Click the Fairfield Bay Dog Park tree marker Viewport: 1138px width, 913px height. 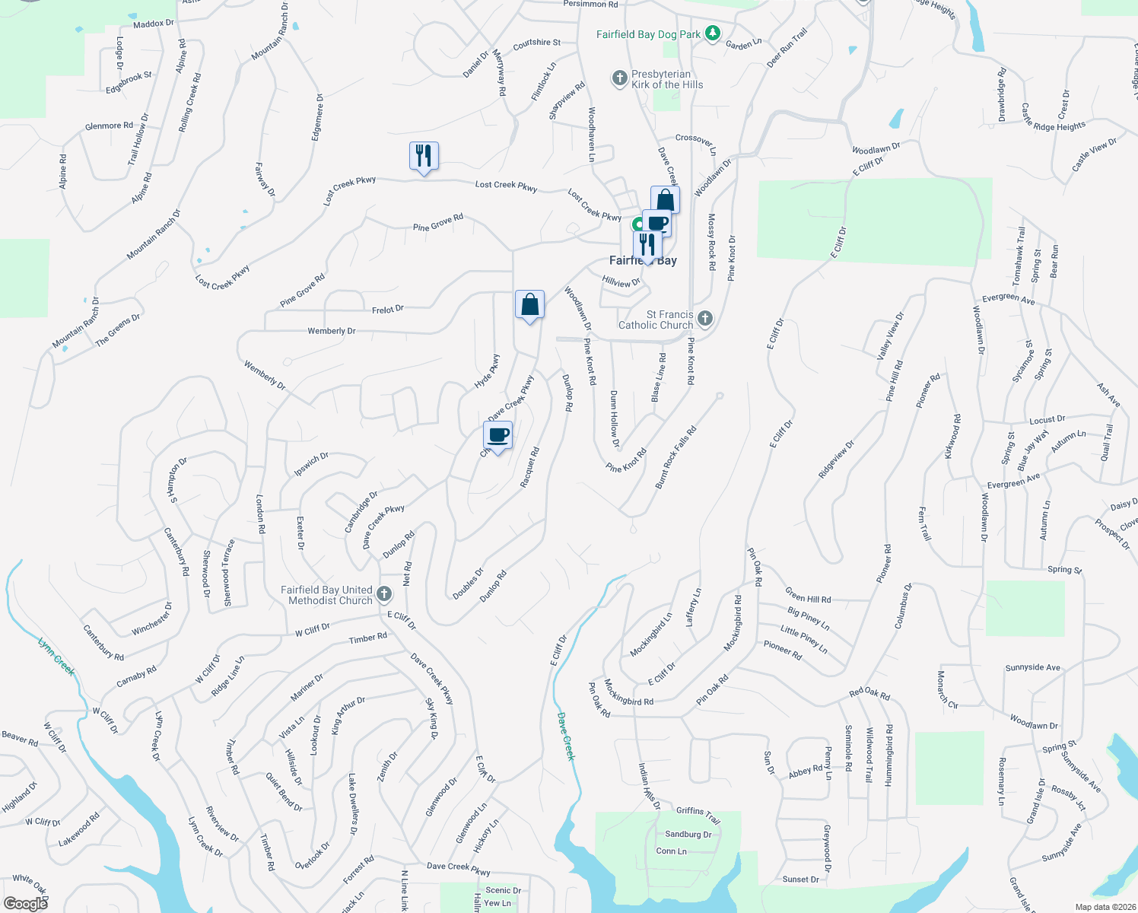[712, 34]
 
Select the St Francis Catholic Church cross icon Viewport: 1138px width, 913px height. [705, 319]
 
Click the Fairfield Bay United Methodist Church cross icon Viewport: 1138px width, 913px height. [384, 594]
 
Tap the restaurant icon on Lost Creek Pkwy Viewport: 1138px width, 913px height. [424, 156]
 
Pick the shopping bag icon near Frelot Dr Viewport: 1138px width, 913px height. [529, 305]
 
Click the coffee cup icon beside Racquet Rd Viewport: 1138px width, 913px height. [497, 436]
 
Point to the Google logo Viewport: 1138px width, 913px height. [26, 903]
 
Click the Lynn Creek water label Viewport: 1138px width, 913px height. [57, 656]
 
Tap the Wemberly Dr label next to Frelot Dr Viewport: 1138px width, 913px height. [332, 331]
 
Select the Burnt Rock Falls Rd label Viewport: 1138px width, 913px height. [675, 457]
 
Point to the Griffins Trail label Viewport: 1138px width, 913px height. [698, 815]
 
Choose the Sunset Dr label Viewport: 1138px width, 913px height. [801, 880]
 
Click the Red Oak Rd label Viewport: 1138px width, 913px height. [869, 694]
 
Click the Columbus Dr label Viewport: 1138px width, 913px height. [902, 606]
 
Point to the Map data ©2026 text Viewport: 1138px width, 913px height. [1105, 907]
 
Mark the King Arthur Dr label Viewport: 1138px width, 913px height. [348, 715]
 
